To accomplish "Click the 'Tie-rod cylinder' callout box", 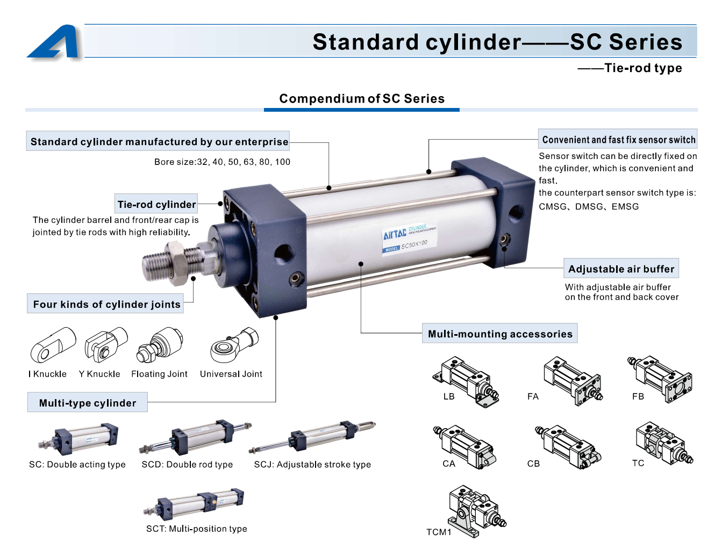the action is (x=156, y=204).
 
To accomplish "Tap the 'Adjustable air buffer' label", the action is (x=621, y=268).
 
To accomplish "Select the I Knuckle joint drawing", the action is (x=53, y=344).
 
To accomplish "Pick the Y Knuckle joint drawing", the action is (x=106, y=344).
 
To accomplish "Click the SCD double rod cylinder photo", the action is (x=195, y=437).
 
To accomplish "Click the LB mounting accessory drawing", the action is (x=466, y=382).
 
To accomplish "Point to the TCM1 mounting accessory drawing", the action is (x=477, y=511).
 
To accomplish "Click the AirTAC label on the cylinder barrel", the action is (x=410, y=239).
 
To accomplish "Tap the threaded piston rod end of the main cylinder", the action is (x=156, y=265).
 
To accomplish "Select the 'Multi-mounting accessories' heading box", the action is (x=499, y=333).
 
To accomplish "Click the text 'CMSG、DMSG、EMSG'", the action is (x=589, y=206).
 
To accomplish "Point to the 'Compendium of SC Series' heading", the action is (x=361, y=98).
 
